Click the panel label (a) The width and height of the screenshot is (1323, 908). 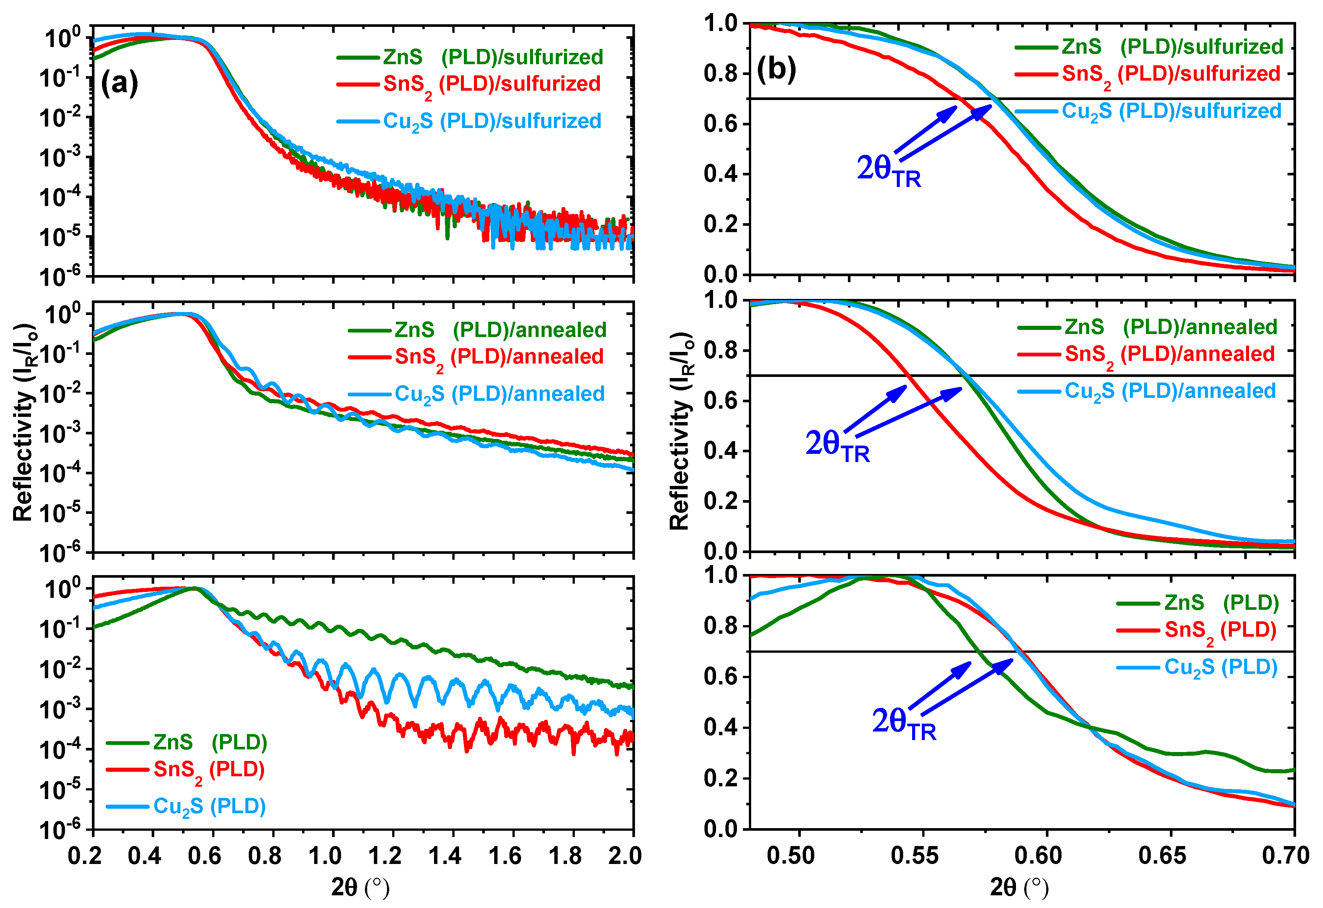pos(119,84)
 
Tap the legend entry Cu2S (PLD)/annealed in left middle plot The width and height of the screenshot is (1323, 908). pos(499,394)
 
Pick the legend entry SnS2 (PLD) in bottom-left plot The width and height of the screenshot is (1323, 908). pos(209,770)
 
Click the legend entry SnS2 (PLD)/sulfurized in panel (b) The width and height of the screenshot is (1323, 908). pos(1171,74)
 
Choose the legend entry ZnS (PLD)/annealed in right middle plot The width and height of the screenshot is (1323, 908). pos(1171,327)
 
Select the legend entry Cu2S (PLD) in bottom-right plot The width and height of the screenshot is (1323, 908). pos(1221,667)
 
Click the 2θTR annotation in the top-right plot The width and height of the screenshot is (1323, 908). pos(888,171)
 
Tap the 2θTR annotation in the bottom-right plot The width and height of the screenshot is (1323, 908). pos(904,723)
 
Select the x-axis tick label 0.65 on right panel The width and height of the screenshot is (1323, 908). pos(1162,855)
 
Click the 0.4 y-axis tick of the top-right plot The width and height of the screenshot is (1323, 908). pos(720,174)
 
